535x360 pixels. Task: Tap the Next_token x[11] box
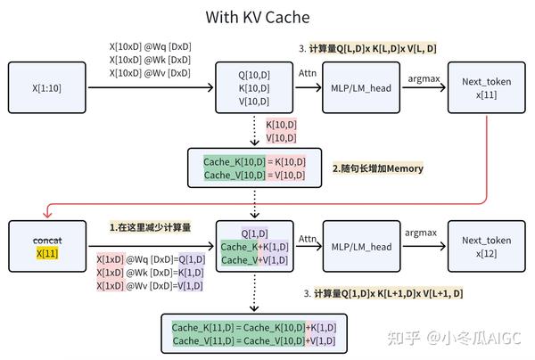click(486, 87)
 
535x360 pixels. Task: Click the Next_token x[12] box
click(486, 246)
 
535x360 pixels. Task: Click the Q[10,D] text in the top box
click(254, 75)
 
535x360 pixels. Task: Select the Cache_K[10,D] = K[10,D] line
click(254, 161)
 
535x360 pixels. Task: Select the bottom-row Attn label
click(307, 238)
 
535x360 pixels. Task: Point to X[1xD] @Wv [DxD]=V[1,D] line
click(150, 286)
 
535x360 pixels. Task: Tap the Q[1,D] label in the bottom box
click(254, 233)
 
